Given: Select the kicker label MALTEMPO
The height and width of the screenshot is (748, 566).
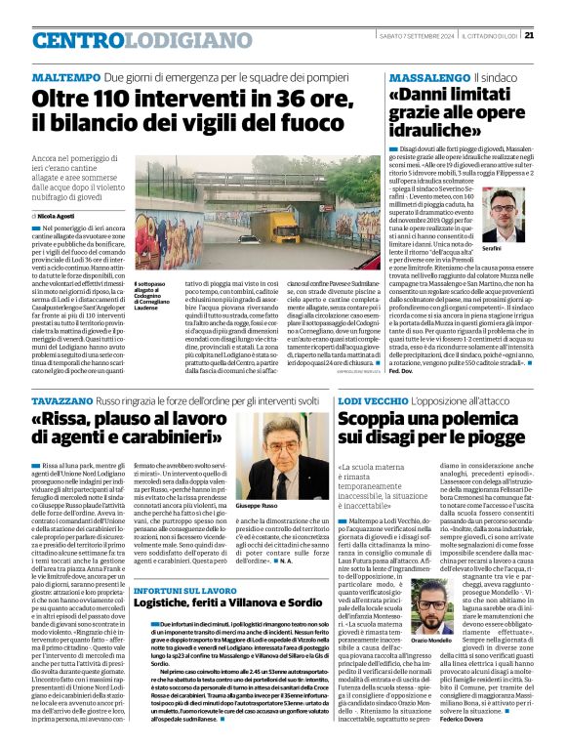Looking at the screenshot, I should tap(64, 76).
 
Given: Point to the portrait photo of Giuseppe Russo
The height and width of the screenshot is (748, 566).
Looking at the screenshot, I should tap(283, 467).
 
